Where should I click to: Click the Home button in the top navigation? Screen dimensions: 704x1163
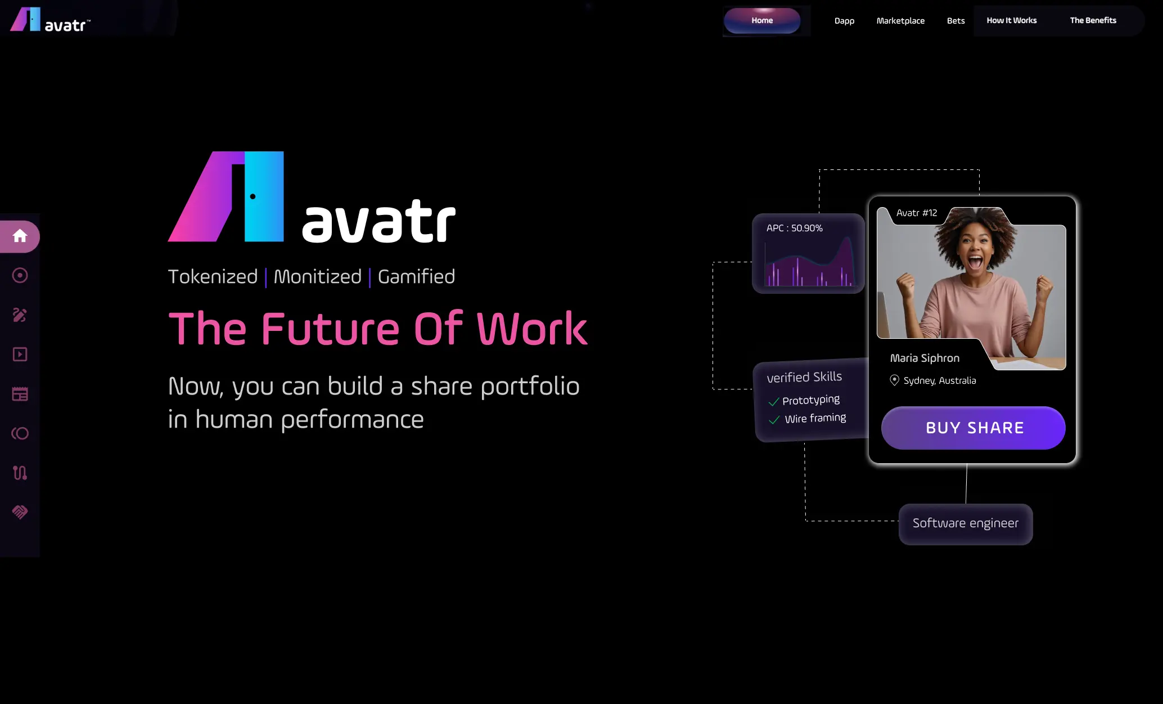[x=762, y=21]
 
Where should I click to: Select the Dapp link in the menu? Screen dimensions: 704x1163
[x=844, y=21]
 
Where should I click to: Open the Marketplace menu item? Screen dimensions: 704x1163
[x=900, y=21]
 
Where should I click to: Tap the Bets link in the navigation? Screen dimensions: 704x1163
[x=955, y=21]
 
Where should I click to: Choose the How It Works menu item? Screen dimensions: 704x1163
[x=1011, y=20]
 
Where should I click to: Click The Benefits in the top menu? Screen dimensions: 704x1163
[x=1093, y=20]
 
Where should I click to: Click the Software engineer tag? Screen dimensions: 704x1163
[x=965, y=523]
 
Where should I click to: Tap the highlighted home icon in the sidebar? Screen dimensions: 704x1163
[x=20, y=236]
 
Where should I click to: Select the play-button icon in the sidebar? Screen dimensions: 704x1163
[x=20, y=355]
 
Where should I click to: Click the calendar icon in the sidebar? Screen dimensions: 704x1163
[x=20, y=394]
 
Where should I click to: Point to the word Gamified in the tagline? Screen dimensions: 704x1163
[x=416, y=277]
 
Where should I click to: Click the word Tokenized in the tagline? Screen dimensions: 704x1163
[x=213, y=277]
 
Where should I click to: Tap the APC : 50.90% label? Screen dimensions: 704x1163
[x=794, y=228]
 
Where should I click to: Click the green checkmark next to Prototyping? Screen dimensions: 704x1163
[x=774, y=402]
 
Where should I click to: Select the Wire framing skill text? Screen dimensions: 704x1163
[x=815, y=418]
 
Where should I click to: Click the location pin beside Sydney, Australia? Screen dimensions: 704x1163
[x=894, y=380]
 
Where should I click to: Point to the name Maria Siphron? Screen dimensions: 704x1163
[x=925, y=358]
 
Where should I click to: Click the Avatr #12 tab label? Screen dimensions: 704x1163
[x=916, y=213]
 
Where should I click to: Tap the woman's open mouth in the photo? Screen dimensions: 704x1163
[x=975, y=262]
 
